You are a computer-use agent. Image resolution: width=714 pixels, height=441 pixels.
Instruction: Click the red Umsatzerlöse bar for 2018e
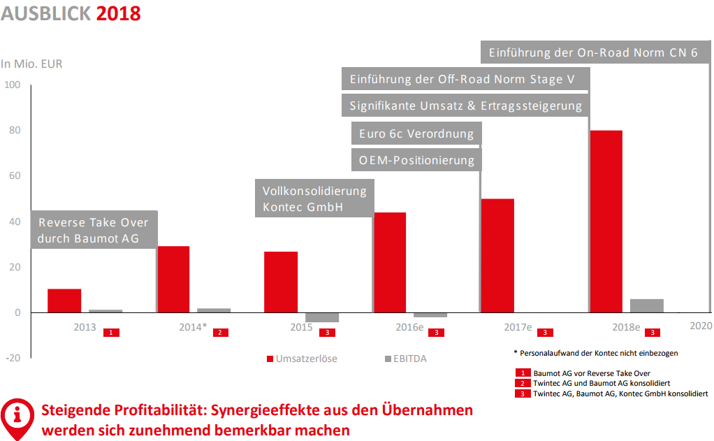pyautogui.click(x=606, y=222)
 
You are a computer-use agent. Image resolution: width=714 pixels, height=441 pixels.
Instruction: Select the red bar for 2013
pyautogui.click(x=64, y=301)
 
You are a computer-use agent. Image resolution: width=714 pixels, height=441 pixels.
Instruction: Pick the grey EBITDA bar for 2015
pyautogui.click(x=322, y=317)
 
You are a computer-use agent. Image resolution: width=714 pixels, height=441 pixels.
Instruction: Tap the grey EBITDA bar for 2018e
pyautogui.click(x=647, y=305)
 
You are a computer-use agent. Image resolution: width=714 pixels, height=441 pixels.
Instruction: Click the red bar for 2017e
pyautogui.click(x=497, y=256)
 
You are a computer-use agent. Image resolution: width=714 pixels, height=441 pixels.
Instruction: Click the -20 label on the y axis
pyautogui.click(x=13, y=358)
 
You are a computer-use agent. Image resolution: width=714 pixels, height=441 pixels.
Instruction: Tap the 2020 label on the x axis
pyautogui.click(x=701, y=326)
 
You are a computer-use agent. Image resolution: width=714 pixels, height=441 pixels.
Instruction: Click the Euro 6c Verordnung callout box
pyautogui.click(x=416, y=133)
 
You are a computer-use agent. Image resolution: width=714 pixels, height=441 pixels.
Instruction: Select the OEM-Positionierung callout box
pyautogui.click(x=416, y=160)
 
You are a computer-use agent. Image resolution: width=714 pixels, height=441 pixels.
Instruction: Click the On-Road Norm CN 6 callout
pyautogui.click(x=592, y=52)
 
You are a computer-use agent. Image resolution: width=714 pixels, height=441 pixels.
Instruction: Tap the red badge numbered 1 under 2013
pyautogui.click(x=111, y=333)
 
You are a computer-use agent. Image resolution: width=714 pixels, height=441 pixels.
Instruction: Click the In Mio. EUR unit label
pyautogui.click(x=31, y=64)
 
